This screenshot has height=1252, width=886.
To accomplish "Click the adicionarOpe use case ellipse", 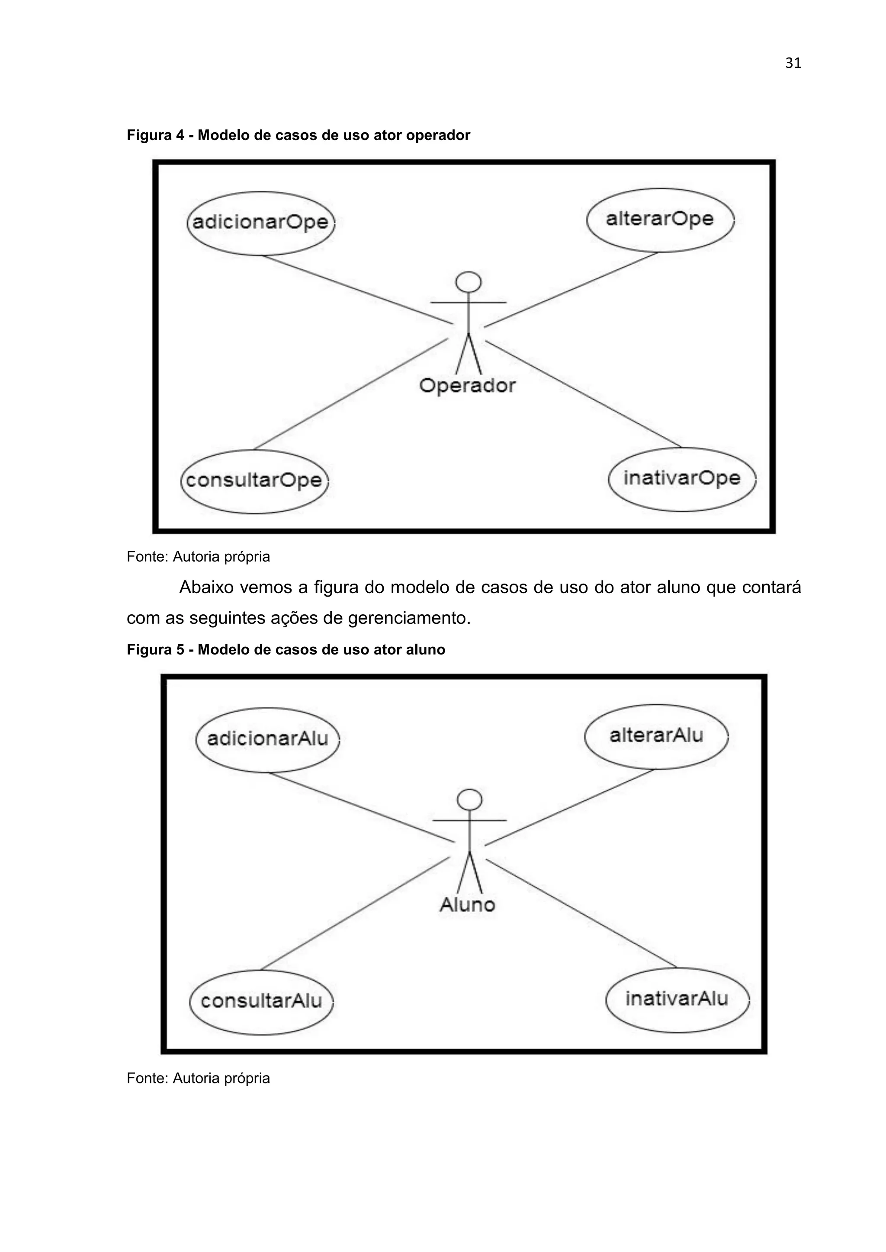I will [x=260, y=223].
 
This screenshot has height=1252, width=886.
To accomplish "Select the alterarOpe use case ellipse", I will [x=660, y=220].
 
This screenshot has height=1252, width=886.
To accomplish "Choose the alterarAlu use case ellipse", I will [x=656, y=736].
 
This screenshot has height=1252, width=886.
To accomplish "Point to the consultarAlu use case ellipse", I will [x=261, y=1001].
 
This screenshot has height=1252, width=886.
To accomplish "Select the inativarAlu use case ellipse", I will [x=677, y=999].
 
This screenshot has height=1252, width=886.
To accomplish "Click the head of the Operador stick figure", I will [x=468, y=282].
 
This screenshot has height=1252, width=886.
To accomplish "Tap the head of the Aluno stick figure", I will [x=469, y=800].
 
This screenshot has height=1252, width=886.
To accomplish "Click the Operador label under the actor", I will [x=468, y=386].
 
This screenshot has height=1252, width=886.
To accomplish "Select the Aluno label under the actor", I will [x=468, y=905].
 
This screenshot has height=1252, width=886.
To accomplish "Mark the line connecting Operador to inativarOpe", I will [x=584, y=394].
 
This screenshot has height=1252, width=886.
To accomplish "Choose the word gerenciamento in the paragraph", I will [x=409, y=618].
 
